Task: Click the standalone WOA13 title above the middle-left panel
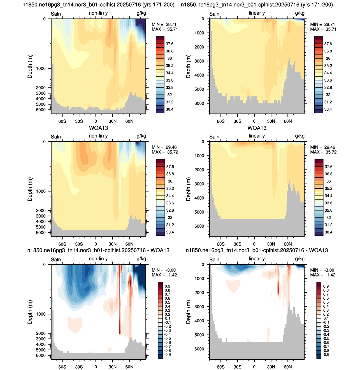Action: (x=98, y=128)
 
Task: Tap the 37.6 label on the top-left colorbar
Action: (x=169, y=44)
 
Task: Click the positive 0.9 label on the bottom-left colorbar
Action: (x=168, y=286)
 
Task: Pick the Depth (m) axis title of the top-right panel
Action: (x=188, y=66)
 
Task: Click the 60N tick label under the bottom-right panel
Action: (x=288, y=367)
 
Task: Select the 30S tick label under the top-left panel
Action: (x=79, y=121)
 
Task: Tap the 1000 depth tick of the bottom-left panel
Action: (x=41, y=314)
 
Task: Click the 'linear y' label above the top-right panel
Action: (x=257, y=13)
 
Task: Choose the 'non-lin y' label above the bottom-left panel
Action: (x=98, y=259)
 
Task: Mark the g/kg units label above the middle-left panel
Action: (x=141, y=136)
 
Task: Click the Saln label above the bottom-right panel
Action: (x=214, y=260)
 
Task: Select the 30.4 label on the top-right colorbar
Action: (x=328, y=109)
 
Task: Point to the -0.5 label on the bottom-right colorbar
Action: (x=326, y=339)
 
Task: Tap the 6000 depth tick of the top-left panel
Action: (x=41, y=110)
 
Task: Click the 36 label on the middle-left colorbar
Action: (x=170, y=181)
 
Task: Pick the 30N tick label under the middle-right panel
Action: (x=271, y=244)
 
